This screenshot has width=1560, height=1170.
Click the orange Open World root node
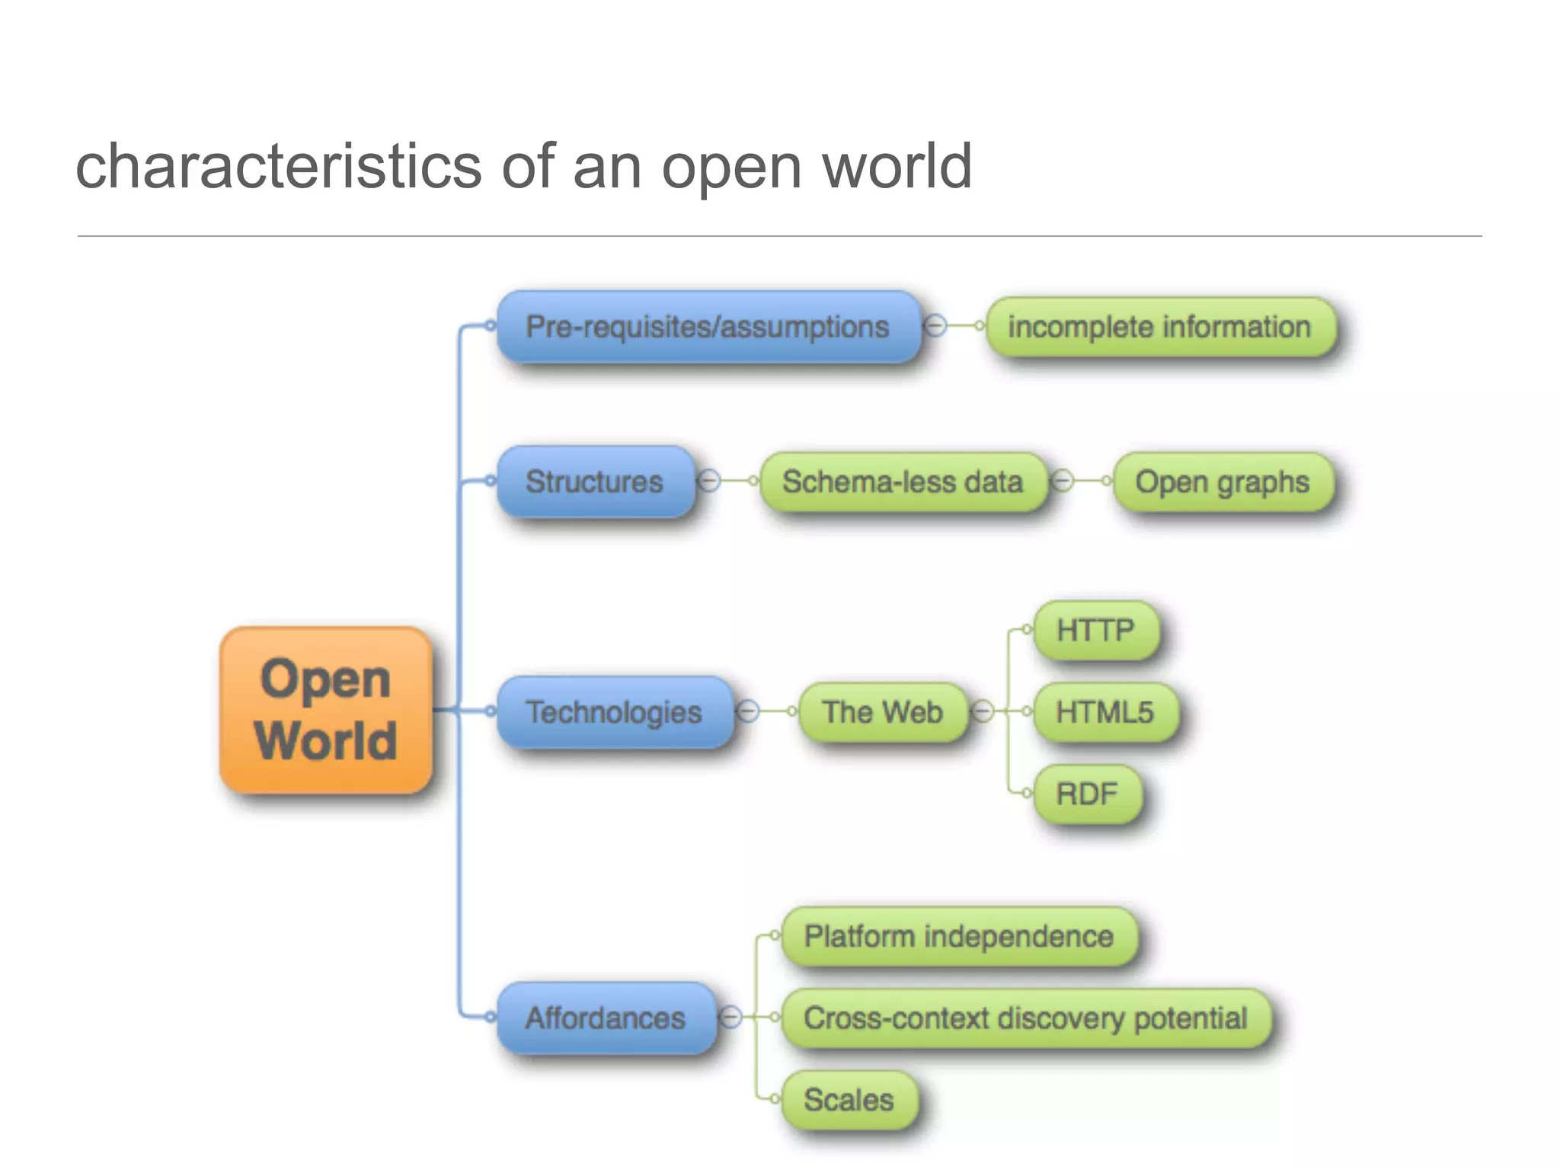click(x=326, y=710)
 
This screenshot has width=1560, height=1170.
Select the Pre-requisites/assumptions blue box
click(x=708, y=327)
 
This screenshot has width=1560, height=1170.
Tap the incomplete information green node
click(x=1160, y=327)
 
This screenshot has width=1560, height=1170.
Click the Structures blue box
click(x=595, y=481)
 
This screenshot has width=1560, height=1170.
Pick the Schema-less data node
click(x=903, y=481)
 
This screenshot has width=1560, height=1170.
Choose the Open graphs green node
click(x=1223, y=481)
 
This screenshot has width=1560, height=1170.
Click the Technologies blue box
click(x=614, y=711)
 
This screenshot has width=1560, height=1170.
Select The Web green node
click(x=883, y=711)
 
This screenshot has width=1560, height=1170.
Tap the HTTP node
click(x=1095, y=630)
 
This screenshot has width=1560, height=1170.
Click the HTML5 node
click(x=1104, y=711)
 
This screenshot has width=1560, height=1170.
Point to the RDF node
click(x=1087, y=794)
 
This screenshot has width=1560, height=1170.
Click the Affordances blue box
click(x=606, y=1018)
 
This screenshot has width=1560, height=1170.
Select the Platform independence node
click(x=959, y=935)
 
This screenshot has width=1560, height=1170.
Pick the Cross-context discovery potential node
click(x=1025, y=1018)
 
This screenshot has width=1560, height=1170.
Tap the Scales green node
click(x=849, y=1099)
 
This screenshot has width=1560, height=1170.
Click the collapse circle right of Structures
click(x=709, y=481)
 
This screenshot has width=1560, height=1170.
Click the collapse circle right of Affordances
click(x=730, y=1017)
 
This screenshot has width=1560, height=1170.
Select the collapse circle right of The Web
click(x=983, y=711)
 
